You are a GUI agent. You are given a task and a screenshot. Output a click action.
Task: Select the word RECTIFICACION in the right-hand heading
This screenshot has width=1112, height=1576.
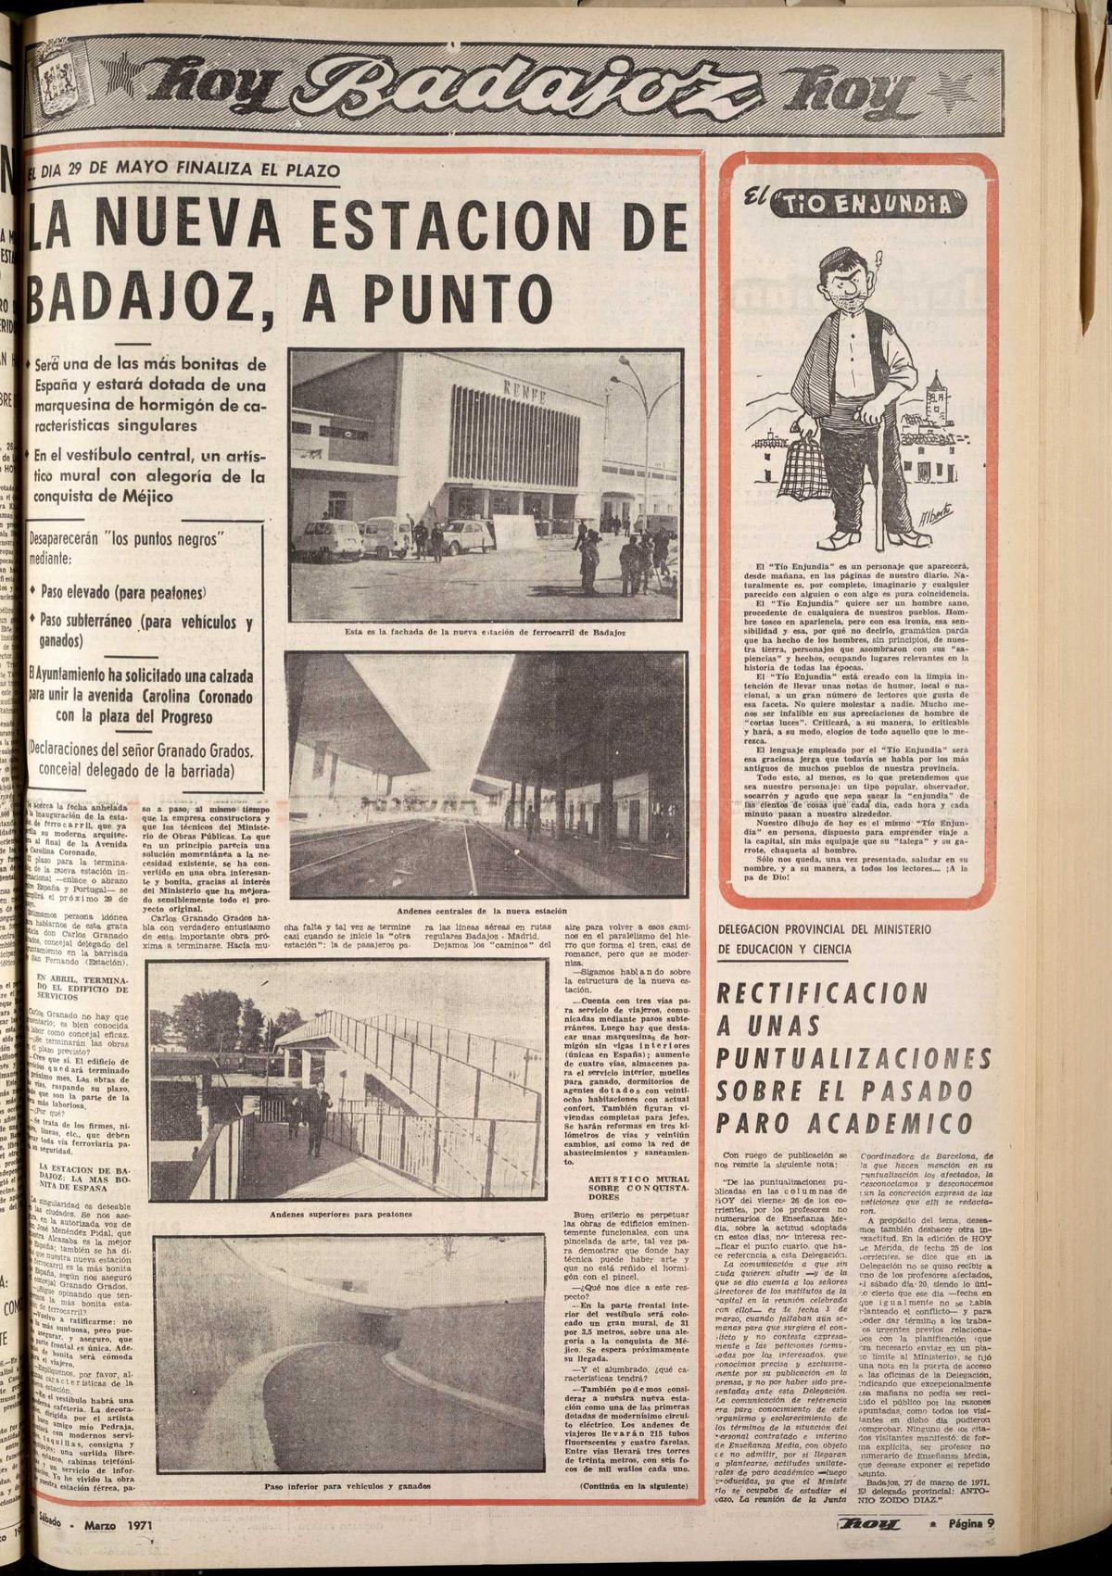tap(823, 993)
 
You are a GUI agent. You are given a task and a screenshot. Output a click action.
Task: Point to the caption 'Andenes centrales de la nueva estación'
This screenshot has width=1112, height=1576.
tap(481, 911)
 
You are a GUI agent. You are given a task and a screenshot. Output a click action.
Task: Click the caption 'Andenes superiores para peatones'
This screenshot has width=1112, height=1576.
tap(342, 1214)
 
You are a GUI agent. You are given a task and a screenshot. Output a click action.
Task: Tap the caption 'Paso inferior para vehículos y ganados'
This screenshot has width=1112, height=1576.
tap(347, 1485)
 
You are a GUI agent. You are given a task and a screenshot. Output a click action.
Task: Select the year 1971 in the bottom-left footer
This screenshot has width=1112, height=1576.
tap(140, 1524)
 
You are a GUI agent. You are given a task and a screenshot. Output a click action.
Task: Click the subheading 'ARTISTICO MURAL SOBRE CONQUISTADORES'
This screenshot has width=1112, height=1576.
tap(627, 1189)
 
